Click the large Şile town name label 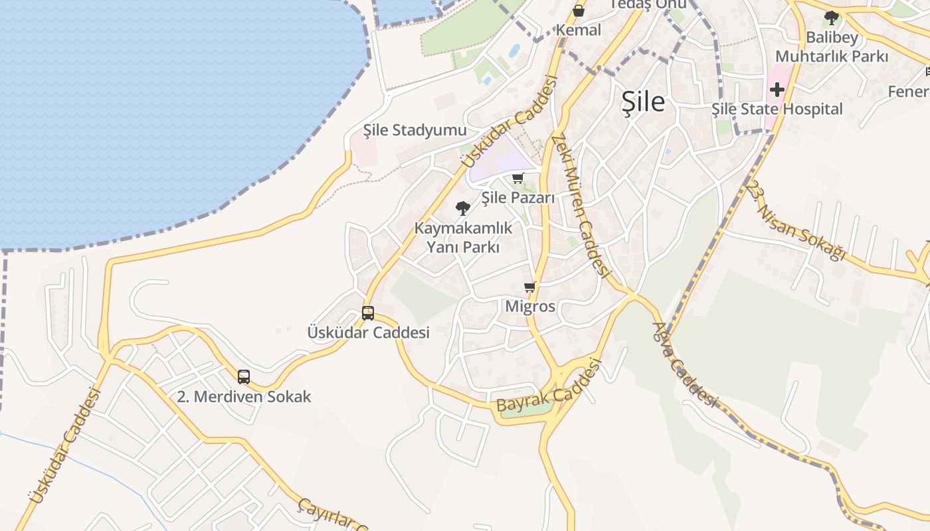click(x=643, y=102)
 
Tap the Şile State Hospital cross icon click(x=777, y=90)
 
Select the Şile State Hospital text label click(x=777, y=109)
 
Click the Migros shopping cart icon click(x=529, y=287)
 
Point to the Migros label click(x=530, y=307)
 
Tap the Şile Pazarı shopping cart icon click(x=518, y=178)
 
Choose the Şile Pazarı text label click(x=517, y=197)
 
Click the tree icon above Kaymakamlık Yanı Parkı click(x=463, y=208)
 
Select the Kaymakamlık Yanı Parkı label click(x=463, y=237)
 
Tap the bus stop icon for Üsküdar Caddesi click(x=368, y=313)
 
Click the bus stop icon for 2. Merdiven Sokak click(x=244, y=377)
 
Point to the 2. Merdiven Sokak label click(x=244, y=397)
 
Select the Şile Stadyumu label click(x=415, y=130)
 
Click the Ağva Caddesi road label click(x=685, y=364)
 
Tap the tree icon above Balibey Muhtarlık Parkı click(x=831, y=18)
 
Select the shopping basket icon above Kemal click(x=579, y=11)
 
